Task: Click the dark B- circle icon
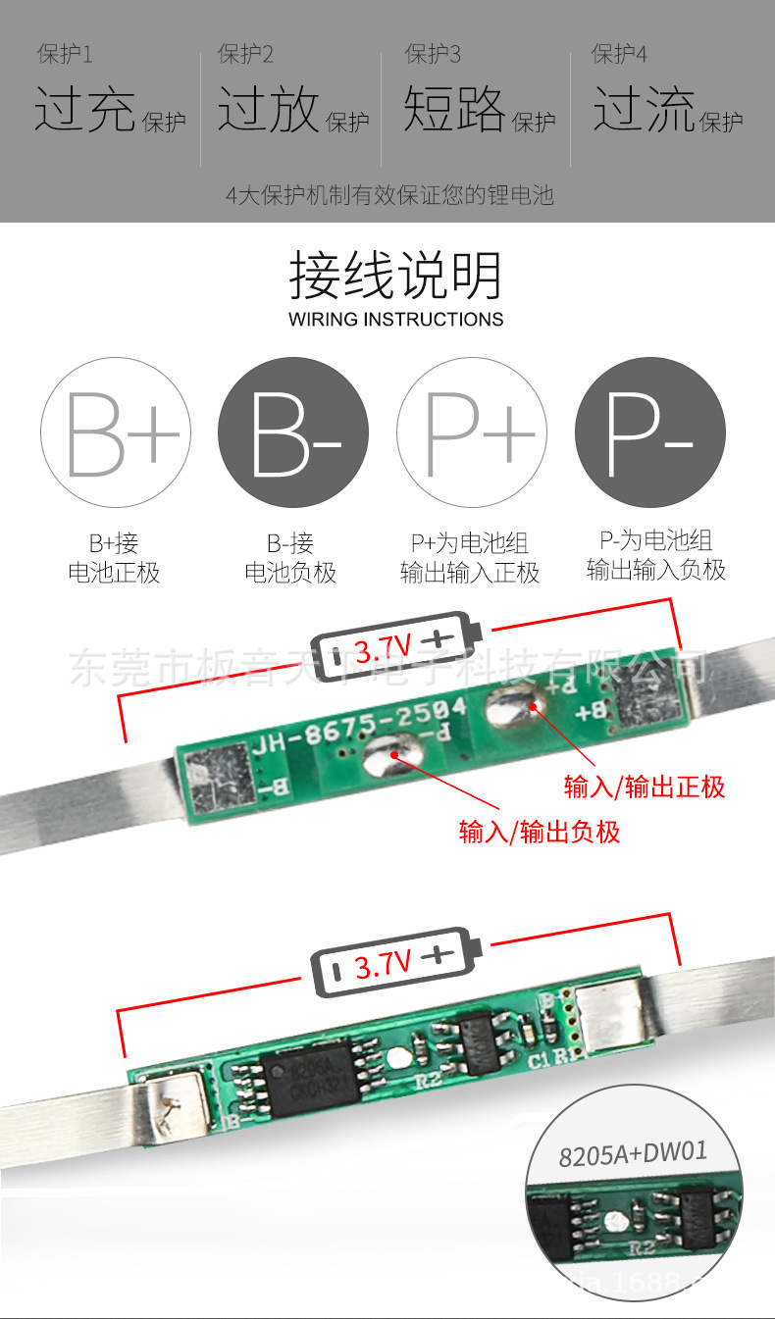[292, 432]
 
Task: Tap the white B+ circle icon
[116, 432]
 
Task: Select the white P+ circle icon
[471, 432]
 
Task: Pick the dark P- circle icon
[649, 432]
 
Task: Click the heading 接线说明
[395, 276]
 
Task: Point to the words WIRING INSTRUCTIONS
[395, 320]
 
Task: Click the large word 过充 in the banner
[84, 109]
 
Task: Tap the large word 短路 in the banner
[454, 109]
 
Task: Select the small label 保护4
[619, 54]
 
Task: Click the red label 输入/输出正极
[645, 786]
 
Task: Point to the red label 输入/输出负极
[540, 833]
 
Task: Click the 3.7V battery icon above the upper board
[396, 644]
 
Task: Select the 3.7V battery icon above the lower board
[396, 963]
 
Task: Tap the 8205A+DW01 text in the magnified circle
[633, 1151]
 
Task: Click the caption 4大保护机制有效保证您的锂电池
[389, 195]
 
